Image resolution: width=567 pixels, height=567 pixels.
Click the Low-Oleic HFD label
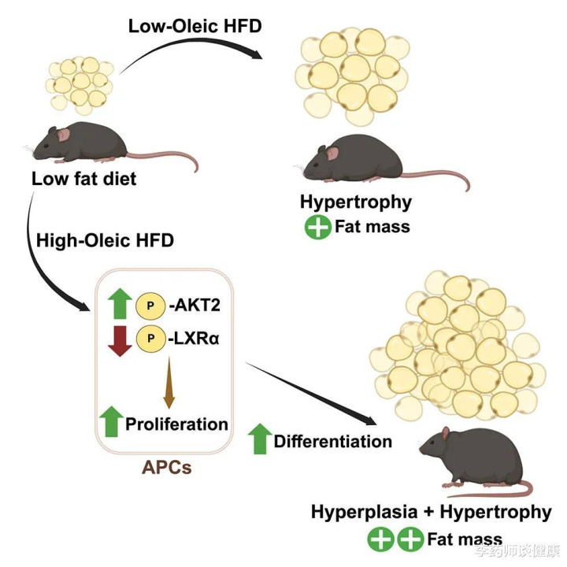pyautogui.click(x=195, y=27)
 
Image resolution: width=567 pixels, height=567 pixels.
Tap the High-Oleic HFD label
pyautogui.click(x=105, y=240)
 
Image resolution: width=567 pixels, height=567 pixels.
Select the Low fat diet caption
pyautogui.click(x=84, y=179)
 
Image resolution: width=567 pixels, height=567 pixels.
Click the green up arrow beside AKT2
pyautogui.click(x=120, y=304)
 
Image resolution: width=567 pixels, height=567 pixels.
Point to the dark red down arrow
pyautogui.click(x=120, y=341)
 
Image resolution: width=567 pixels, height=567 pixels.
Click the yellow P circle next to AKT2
pyautogui.click(x=150, y=306)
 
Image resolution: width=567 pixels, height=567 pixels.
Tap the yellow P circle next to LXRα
pyautogui.click(x=150, y=339)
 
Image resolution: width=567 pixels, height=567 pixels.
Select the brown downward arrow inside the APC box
pyautogui.click(x=169, y=383)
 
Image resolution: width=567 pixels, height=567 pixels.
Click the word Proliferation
pyautogui.click(x=177, y=424)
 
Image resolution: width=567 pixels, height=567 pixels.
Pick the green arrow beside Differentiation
pyautogui.click(x=260, y=439)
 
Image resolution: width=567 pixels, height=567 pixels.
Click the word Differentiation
pyautogui.click(x=333, y=442)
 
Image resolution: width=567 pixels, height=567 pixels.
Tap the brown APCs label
pyautogui.click(x=166, y=467)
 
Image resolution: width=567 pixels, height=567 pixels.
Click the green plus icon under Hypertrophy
pyautogui.click(x=318, y=227)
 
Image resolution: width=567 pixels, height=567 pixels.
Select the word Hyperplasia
pyautogui.click(x=365, y=513)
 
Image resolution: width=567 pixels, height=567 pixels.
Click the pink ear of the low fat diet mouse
pyautogui.click(x=63, y=135)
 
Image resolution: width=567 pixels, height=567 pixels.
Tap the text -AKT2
pyautogui.click(x=195, y=306)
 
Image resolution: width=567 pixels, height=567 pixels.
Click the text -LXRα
pyautogui.click(x=194, y=339)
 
